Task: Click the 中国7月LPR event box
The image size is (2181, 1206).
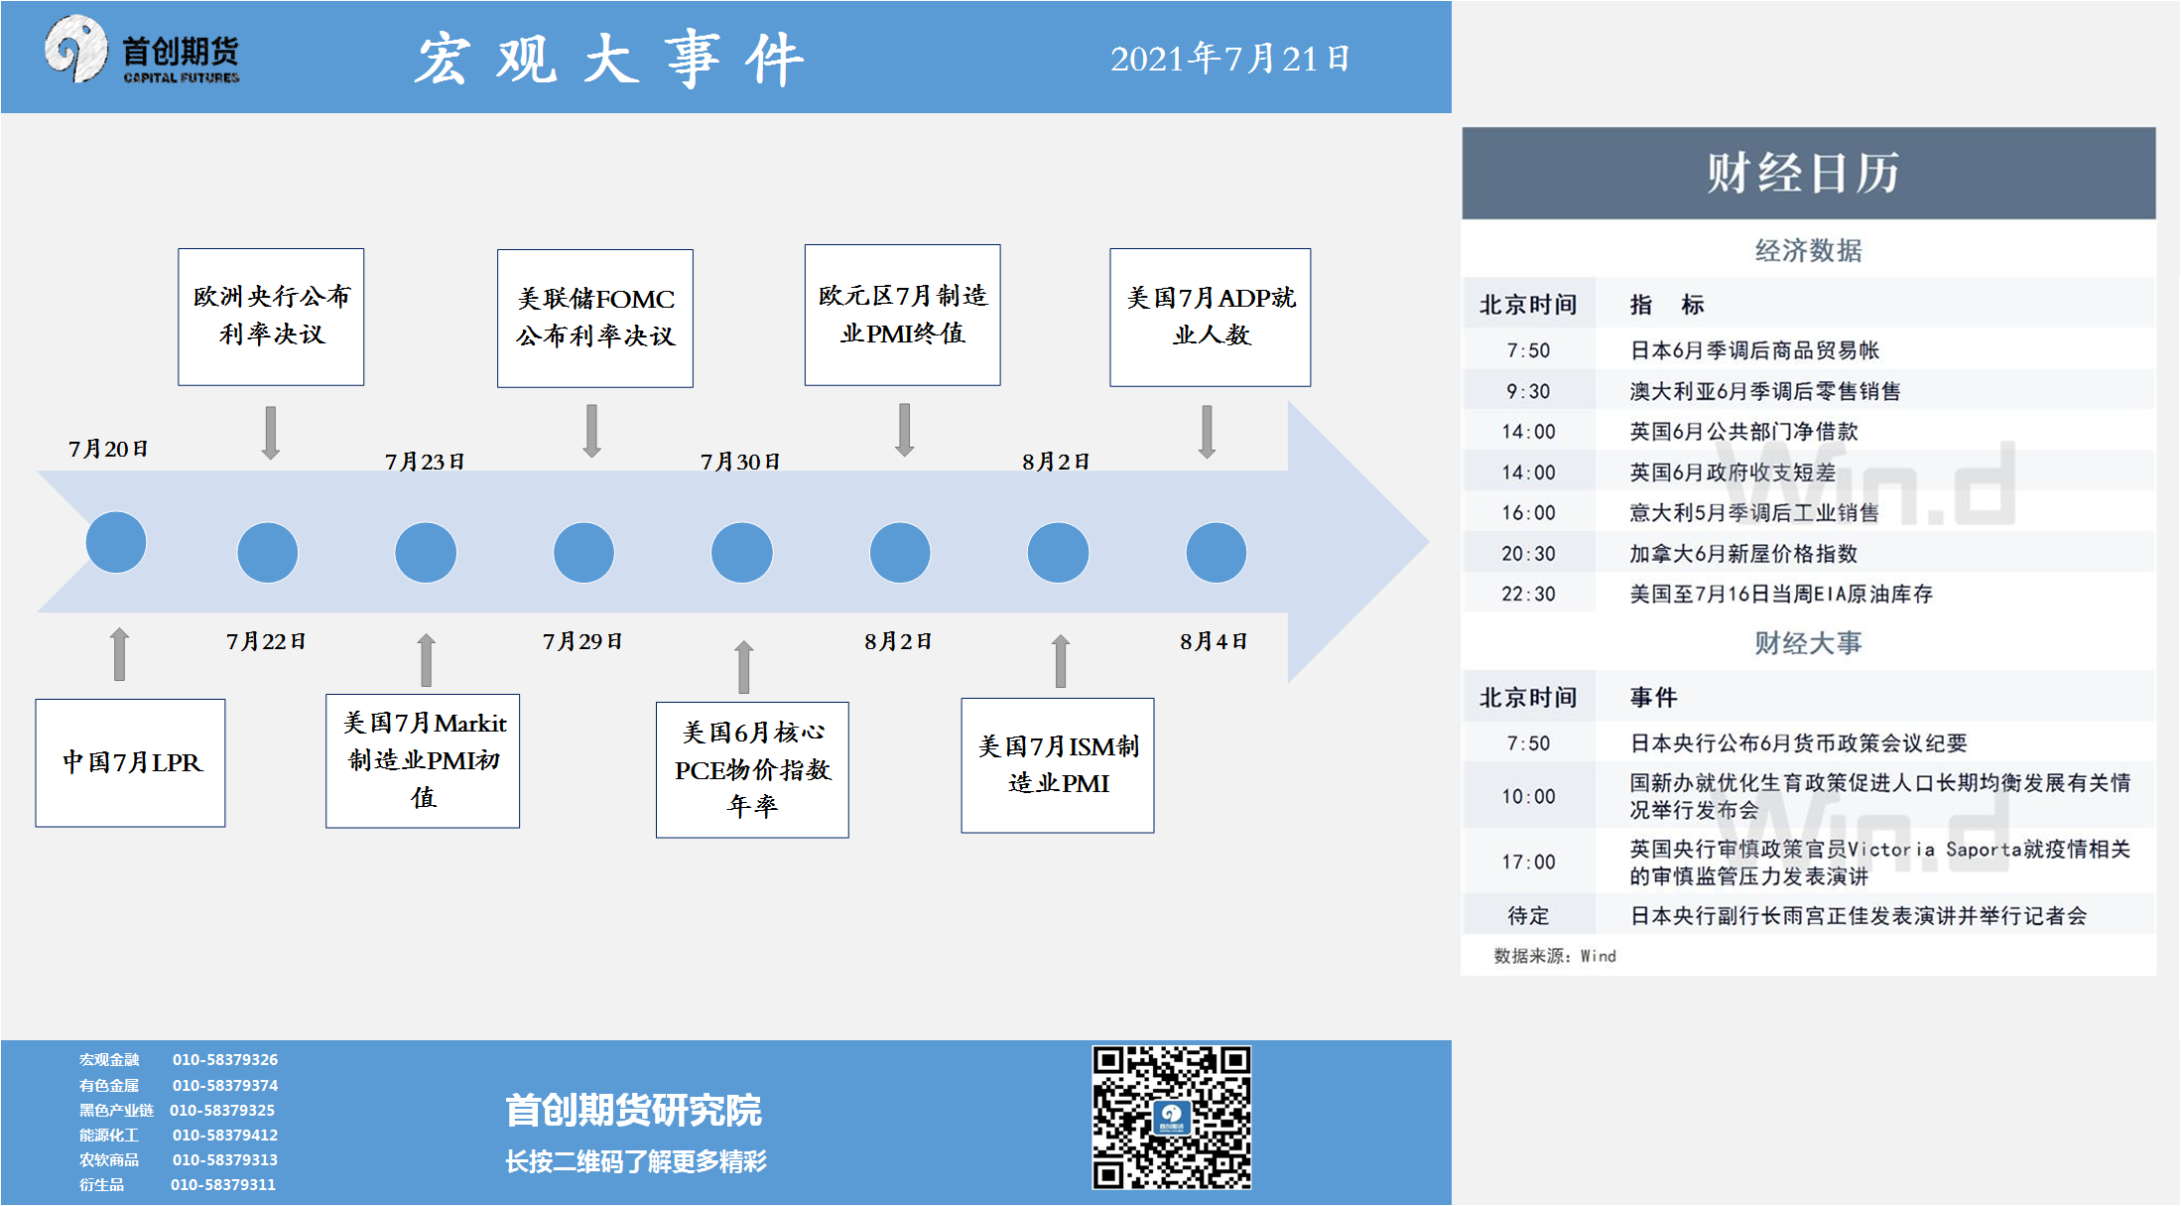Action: [130, 762]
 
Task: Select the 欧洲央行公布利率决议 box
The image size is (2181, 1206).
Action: [271, 317]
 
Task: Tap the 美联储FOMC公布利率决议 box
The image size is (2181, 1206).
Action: [595, 318]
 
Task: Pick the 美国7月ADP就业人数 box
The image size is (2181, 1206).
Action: [1211, 317]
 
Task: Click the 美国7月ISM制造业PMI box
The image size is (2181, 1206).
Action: [1058, 765]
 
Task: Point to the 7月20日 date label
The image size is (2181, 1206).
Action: [108, 449]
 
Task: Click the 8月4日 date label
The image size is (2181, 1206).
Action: [1214, 641]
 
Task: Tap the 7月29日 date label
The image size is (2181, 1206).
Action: [582, 641]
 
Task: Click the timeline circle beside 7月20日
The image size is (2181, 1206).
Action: [116, 542]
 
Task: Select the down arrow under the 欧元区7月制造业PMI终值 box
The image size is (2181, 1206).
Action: [904, 430]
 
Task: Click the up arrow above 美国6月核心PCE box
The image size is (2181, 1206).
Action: [744, 667]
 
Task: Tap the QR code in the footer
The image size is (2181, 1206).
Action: [1172, 1117]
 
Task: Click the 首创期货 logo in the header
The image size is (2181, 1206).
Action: [142, 50]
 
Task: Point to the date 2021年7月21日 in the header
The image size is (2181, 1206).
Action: [1230, 59]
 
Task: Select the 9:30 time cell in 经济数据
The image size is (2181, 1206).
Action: [1528, 391]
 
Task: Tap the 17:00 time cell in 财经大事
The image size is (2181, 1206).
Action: [1528, 862]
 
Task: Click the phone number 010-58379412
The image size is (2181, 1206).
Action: [225, 1135]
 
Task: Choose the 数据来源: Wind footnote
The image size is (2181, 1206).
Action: [1555, 956]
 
